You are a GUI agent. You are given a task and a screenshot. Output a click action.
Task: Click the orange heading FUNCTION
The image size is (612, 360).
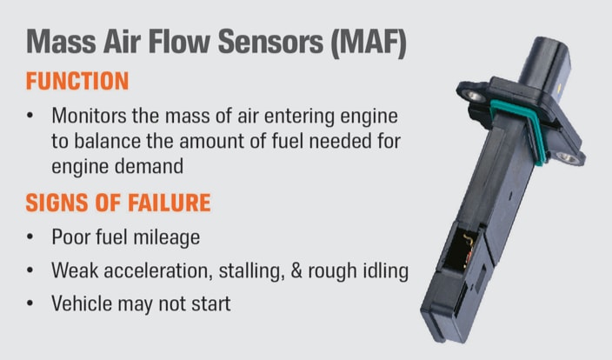77,81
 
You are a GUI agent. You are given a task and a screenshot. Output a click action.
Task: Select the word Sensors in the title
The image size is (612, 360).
270,41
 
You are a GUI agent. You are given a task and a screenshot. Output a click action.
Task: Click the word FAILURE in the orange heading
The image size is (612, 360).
170,203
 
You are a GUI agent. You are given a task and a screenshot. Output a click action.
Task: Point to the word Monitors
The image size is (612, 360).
89,116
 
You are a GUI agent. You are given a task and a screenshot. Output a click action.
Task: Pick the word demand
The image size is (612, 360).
150,166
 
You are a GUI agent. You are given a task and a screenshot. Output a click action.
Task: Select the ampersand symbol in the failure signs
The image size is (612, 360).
296,270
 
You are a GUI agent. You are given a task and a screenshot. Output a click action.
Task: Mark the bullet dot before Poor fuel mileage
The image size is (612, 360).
30,237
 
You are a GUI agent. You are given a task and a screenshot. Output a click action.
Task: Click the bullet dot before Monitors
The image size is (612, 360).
30,116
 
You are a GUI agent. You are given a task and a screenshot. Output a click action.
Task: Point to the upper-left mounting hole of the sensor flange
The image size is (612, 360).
474,96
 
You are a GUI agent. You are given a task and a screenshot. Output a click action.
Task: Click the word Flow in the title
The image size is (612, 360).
180,41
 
